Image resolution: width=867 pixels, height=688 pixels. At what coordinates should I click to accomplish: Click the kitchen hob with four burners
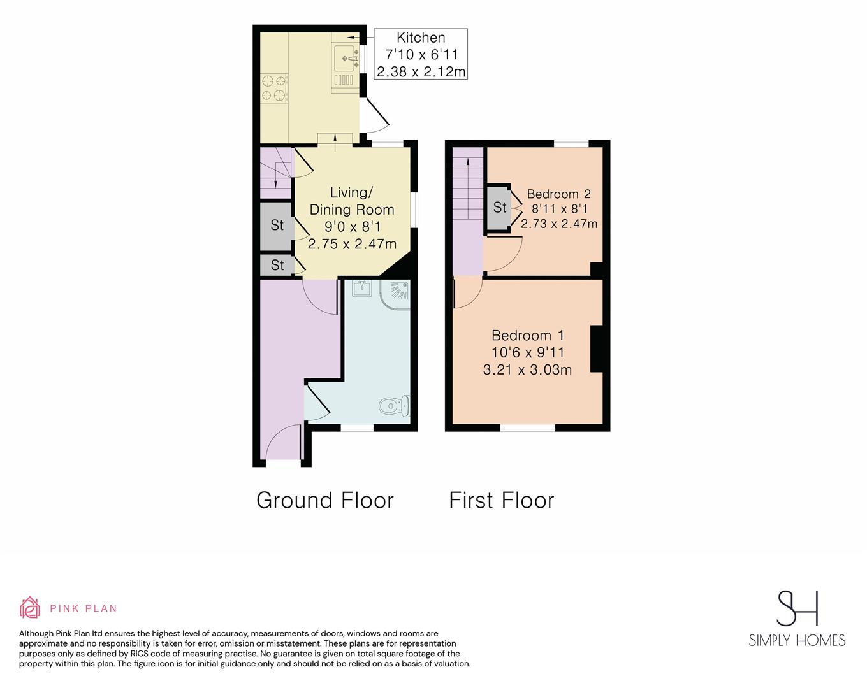pyautogui.click(x=274, y=87)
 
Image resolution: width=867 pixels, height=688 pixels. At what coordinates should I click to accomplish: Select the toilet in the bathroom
pyautogui.click(x=395, y=405)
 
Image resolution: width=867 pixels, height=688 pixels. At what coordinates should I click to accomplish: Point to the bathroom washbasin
pyautogui.click(x=362, y=288)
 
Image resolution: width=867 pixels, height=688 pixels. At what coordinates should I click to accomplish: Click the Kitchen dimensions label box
pyautogui.click(x=421, y=54)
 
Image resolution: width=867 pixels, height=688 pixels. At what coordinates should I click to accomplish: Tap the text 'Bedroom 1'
pyautogui.click(x=527, y=335)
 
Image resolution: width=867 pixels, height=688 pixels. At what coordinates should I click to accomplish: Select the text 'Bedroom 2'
pyautogui.click(x=559, y=194)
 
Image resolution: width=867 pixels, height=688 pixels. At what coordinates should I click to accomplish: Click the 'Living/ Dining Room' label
pyautogui.click(x=352, y=201)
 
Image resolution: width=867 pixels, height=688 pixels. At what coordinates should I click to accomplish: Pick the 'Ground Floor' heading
pyautogui.click(x=325, y=501)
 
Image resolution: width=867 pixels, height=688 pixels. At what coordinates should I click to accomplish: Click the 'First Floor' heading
pyautogui.click(x=502, y=501)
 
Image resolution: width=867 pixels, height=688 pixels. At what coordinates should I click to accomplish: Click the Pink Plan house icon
pyautogui.click(x=30, y=608)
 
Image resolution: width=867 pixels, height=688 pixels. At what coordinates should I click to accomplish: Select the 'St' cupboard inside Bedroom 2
pyautogui.click(x=499, y=207)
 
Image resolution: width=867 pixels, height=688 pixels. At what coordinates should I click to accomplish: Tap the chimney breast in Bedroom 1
pyautogui.click(x=597, y=348)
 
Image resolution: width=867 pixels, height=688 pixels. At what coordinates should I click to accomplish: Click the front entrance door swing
pyautogui.click(x=283, y=441)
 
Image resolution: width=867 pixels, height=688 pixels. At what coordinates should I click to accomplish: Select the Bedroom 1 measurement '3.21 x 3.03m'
pyautogui.click(x=527, y=369)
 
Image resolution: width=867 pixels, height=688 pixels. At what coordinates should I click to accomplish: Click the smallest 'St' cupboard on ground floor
pyautogui.click(x=277, y=265)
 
